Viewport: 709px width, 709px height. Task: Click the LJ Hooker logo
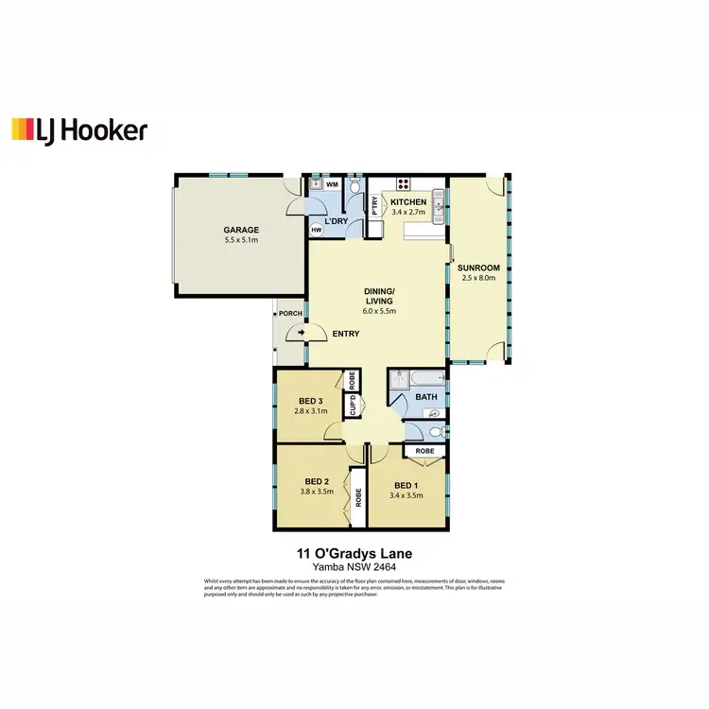point(78,130)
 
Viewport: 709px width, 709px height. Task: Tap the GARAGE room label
point(241,230)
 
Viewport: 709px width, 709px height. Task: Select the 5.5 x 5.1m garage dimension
point(241,241)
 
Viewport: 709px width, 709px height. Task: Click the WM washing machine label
point(332,185)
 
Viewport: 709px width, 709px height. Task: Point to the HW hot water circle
point(315,229)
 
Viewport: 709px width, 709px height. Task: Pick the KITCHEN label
point(409,202)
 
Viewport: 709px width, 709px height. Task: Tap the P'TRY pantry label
point(375,206)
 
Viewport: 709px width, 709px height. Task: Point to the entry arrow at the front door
point(301,333)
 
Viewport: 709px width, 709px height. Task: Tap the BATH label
point(425,397)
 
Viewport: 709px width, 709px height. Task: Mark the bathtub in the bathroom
point(414,381)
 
